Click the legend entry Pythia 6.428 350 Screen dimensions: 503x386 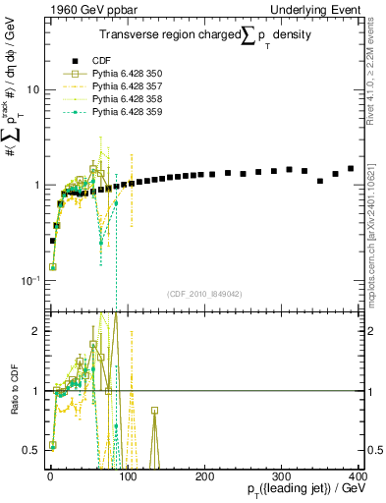[x=116, y=74]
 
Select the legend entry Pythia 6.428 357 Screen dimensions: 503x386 [x=116, y=86]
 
